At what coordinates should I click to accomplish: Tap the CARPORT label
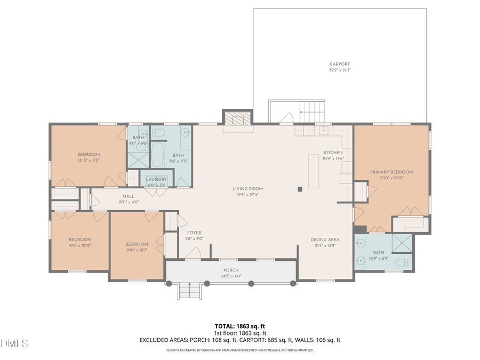point(340,64)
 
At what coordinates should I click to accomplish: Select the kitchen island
point(313,171)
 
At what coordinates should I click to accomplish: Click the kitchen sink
point(323,129)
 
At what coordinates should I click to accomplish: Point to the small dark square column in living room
point(300,188)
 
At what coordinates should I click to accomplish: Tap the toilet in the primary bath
point(406,262)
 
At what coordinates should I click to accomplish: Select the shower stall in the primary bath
point(402,243)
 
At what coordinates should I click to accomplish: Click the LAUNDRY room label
point(156,179)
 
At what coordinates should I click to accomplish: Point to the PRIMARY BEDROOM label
point(391,172)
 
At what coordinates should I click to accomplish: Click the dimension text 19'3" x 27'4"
point(247,195)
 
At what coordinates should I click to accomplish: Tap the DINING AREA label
point(325,239)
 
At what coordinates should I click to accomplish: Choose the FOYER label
point(194,233)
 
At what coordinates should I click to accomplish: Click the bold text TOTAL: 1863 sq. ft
point(239,325)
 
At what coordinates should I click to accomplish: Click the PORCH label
point(231,270)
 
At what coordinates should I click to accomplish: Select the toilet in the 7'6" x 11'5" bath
point(160,132)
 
